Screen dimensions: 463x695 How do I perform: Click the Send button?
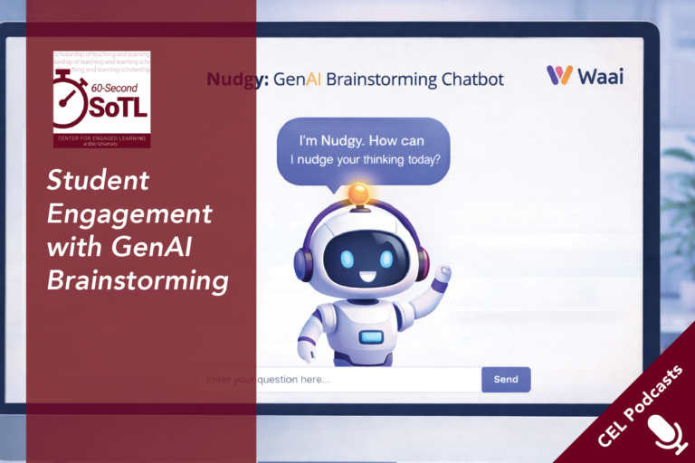coord(506,379)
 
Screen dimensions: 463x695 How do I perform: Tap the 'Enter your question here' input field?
coord(339,379)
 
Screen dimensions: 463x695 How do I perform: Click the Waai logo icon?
coord(559,75)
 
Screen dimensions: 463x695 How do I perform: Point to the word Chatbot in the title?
coord(472,79)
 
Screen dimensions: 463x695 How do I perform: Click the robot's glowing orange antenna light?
coord(359,192)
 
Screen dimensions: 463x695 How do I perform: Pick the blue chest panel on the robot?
coord(371,336)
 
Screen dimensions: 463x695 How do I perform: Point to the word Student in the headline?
coord(98,181)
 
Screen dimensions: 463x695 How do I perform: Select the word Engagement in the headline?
coord(129,214)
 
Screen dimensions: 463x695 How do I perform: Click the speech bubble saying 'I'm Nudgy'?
coord(363,150)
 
